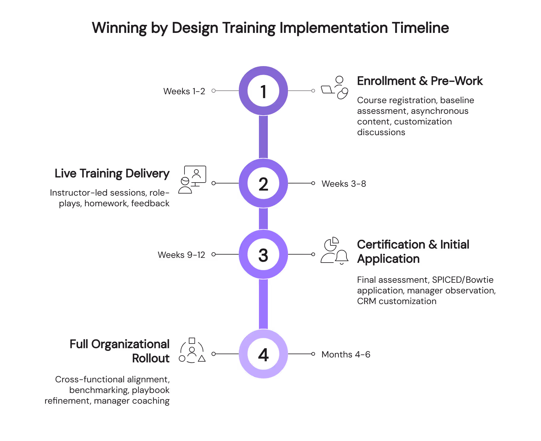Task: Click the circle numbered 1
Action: [263, 91]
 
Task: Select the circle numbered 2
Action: [263, 183]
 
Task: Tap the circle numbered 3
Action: [263, 255]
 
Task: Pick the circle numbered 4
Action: [263, 354]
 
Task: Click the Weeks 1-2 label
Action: [184, 91]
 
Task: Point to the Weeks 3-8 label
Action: [344, 184]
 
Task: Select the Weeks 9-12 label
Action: [181, 255]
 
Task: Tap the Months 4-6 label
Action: [346, 354]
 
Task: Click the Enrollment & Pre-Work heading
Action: [420, 81]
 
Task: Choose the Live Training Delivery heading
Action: [112, 173]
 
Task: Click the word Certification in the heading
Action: [391, 245]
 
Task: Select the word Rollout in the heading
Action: [151, 358]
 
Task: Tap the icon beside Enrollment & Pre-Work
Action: [335, 88]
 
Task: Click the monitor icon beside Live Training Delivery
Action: [195, 175]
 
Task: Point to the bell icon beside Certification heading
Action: [342, 257]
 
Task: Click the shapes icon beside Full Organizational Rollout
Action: [192, 351]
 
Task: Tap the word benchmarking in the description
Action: [99, 390]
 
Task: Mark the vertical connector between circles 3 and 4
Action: [263, 304]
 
